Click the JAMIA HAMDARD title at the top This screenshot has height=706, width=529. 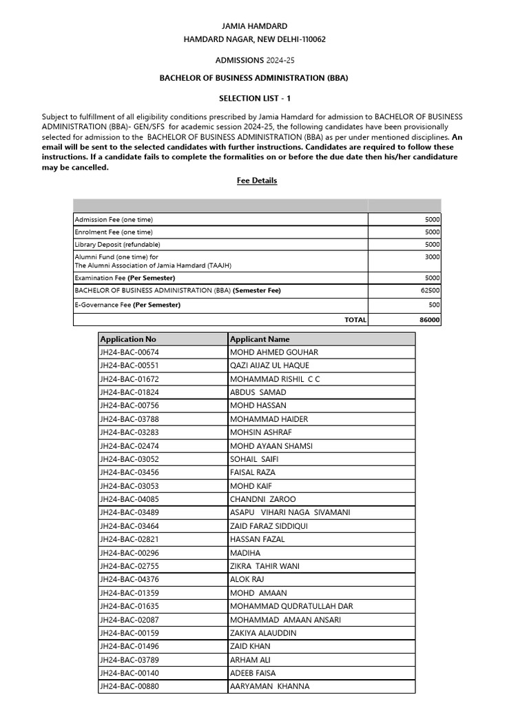click(254, 26)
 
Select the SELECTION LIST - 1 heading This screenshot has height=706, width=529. click(254, 99)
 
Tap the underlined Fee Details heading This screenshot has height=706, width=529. click(257, 181)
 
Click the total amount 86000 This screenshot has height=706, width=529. click(430, 320)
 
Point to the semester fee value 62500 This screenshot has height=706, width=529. click(430, 290)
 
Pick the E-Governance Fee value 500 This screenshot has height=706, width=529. click(434, 305)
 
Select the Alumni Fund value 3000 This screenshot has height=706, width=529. click(432, 256)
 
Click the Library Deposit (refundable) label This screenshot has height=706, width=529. click(117, 244)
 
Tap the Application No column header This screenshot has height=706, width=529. click(128, 339)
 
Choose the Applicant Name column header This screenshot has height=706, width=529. click(260, 339)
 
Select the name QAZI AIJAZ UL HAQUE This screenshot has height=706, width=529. click(269, 365)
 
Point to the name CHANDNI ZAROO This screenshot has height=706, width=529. click(262, 499)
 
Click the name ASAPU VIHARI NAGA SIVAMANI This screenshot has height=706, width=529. click(290, 512)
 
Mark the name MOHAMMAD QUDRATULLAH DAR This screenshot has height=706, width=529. click(291, 607)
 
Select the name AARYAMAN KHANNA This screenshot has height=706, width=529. click(269, 686)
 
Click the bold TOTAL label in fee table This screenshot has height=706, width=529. click(355, 320)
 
